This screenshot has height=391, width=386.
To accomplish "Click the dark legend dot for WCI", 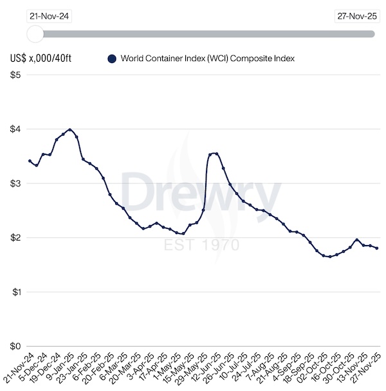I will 111,59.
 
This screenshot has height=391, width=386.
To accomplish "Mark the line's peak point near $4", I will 69,129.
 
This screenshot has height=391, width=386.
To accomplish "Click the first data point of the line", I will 30,161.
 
